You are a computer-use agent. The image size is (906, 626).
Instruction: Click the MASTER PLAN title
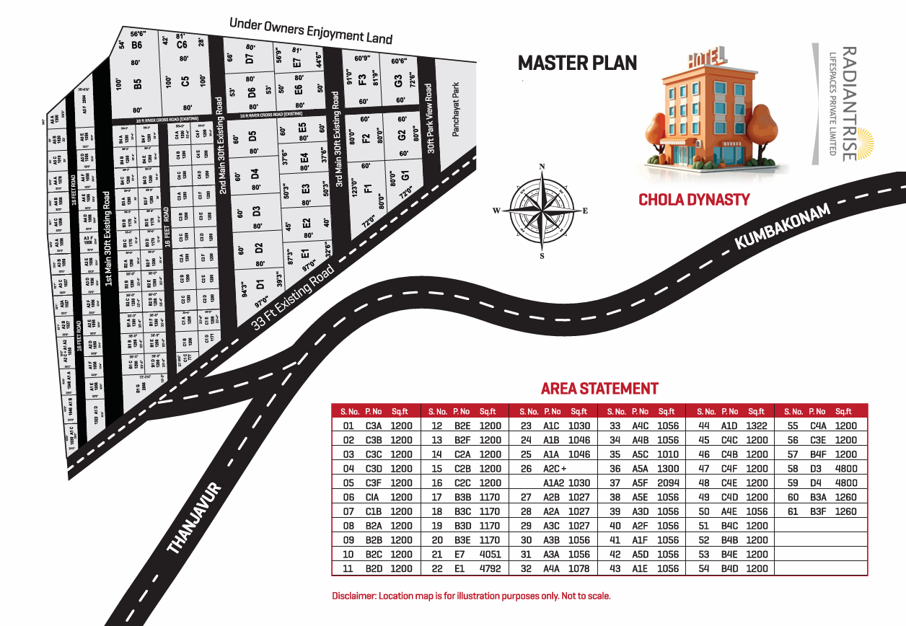coord(578,63)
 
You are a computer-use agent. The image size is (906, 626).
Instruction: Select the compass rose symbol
coord(541,210)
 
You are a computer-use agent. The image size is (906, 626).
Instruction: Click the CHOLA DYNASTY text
coord(694,200)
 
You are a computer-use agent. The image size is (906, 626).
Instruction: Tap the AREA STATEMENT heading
coord(599,389)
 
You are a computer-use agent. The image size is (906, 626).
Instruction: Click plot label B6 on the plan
coord(136,45)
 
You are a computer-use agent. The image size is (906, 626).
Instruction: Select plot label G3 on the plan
coord(398,81)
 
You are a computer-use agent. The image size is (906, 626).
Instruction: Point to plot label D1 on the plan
coord(260,283)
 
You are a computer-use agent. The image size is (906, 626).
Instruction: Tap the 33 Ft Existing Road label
coord(293,297)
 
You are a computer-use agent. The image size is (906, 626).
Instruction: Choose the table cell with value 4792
coord(490,569)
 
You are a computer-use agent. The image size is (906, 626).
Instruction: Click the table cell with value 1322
coord(757,426)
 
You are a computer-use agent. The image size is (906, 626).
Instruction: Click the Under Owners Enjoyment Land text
coord(310,30)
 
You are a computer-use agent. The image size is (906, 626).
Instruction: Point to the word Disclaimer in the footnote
coord(353,596)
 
